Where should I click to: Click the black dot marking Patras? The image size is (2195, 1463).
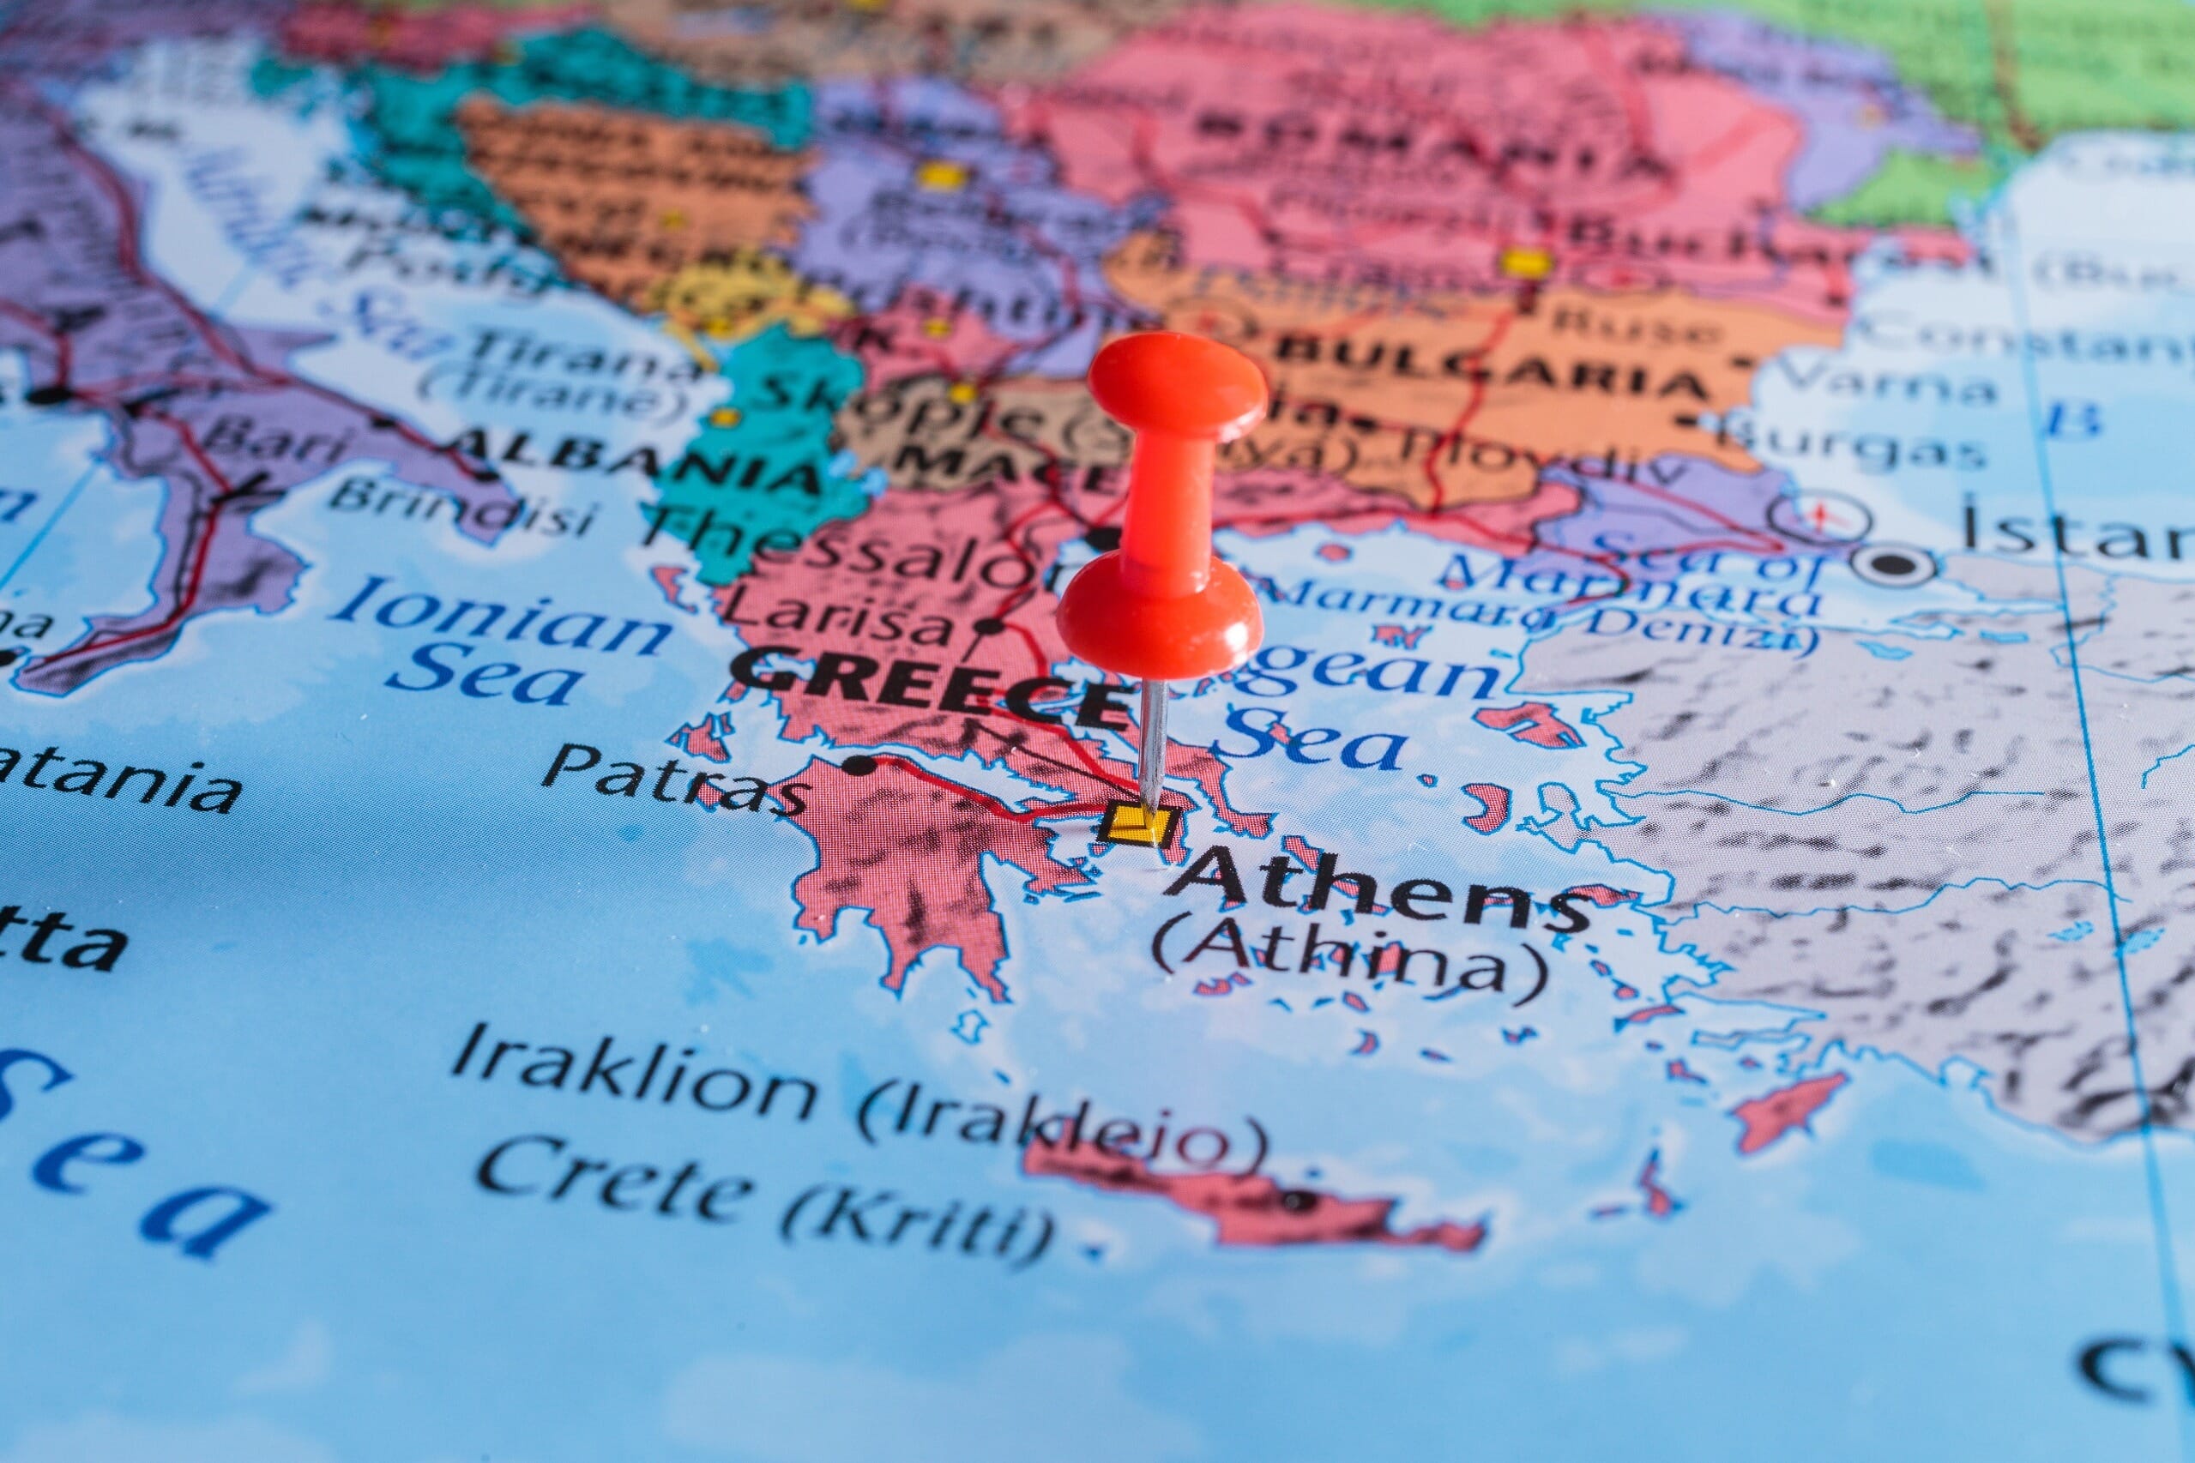pyautogui.click(x=858, y=765)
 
